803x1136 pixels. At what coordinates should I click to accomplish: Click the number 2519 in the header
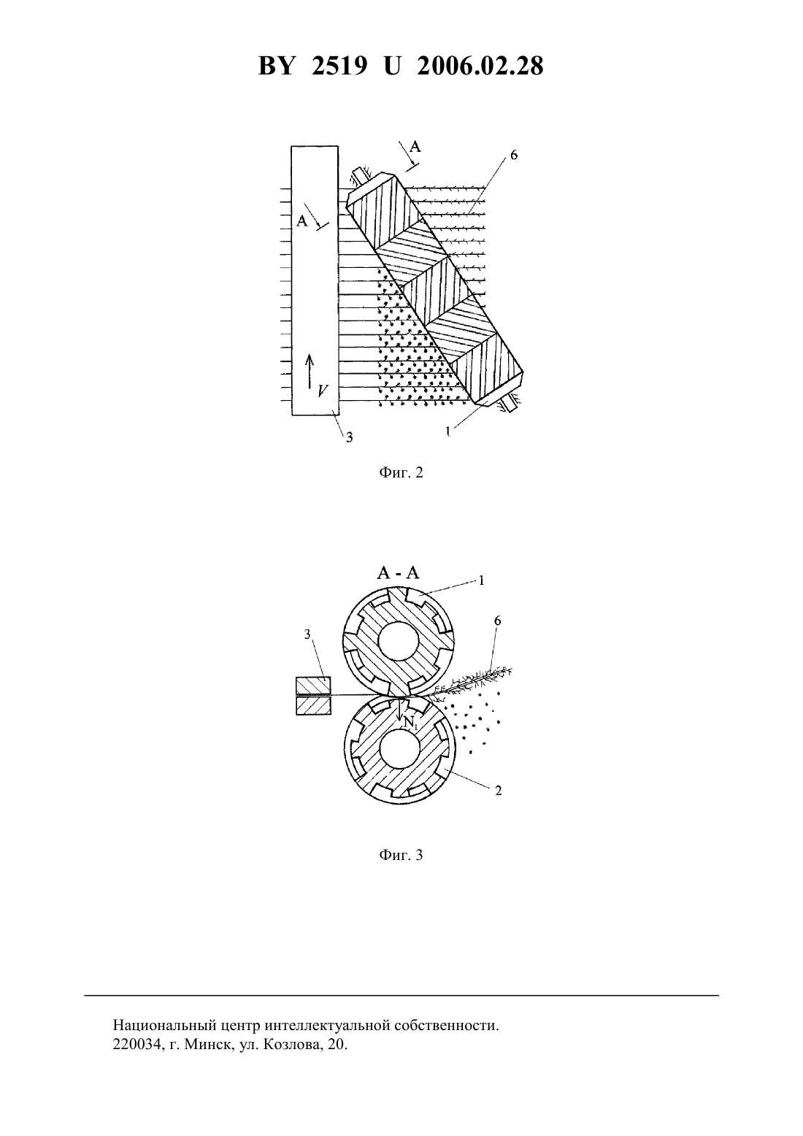point(339,66)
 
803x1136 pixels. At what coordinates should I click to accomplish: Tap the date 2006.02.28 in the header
point(480,66)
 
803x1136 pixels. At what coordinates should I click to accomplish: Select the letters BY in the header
point(276,66)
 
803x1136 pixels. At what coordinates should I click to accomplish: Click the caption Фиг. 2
point(401,472)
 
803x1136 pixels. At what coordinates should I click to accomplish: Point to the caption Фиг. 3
point(401,856)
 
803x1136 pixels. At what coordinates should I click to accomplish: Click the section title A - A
point(399,572)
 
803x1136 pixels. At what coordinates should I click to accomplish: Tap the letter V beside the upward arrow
point(323,391)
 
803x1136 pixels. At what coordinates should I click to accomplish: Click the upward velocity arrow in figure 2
point(310,371)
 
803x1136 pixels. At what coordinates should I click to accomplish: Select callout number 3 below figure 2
point(349,437)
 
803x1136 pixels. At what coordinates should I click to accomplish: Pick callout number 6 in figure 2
point(514,156)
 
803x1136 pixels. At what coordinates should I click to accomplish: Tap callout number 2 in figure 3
point(499,791)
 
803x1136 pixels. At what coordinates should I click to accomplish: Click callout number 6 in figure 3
point(497,621)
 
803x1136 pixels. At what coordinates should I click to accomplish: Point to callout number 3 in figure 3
point(307,634)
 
